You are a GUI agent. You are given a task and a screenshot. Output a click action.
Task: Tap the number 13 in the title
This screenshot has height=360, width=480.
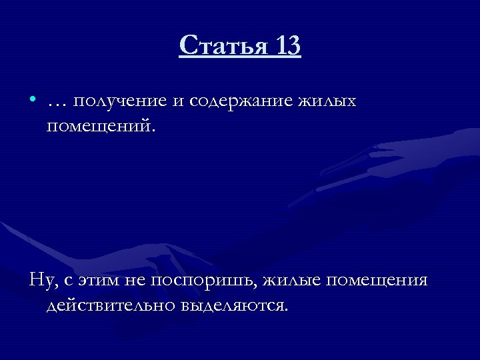[x=285, y=47]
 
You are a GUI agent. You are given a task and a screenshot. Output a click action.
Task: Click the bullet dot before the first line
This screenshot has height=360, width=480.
[x=33, y=101]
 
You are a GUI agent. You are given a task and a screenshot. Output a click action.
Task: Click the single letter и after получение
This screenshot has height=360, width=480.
[x=177, y=102]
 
